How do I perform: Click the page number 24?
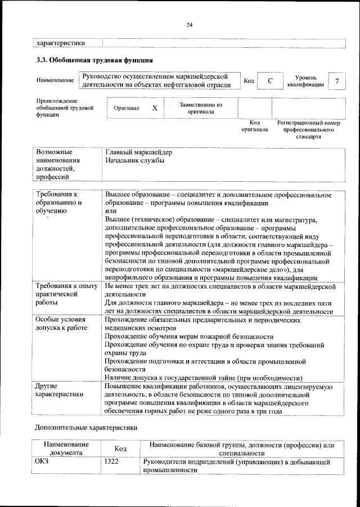(190, 24)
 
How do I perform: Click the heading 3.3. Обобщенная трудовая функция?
(94, 59)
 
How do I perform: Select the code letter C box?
(270, 81)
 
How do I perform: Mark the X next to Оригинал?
(154, 107)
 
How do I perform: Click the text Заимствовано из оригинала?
(201, 108)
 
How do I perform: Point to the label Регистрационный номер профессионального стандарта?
(309, 129)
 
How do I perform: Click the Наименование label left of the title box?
(55, 81)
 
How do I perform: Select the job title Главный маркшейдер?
(138, 152)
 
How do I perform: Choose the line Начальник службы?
(134, 161)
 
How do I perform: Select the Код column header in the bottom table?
(120, 448)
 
